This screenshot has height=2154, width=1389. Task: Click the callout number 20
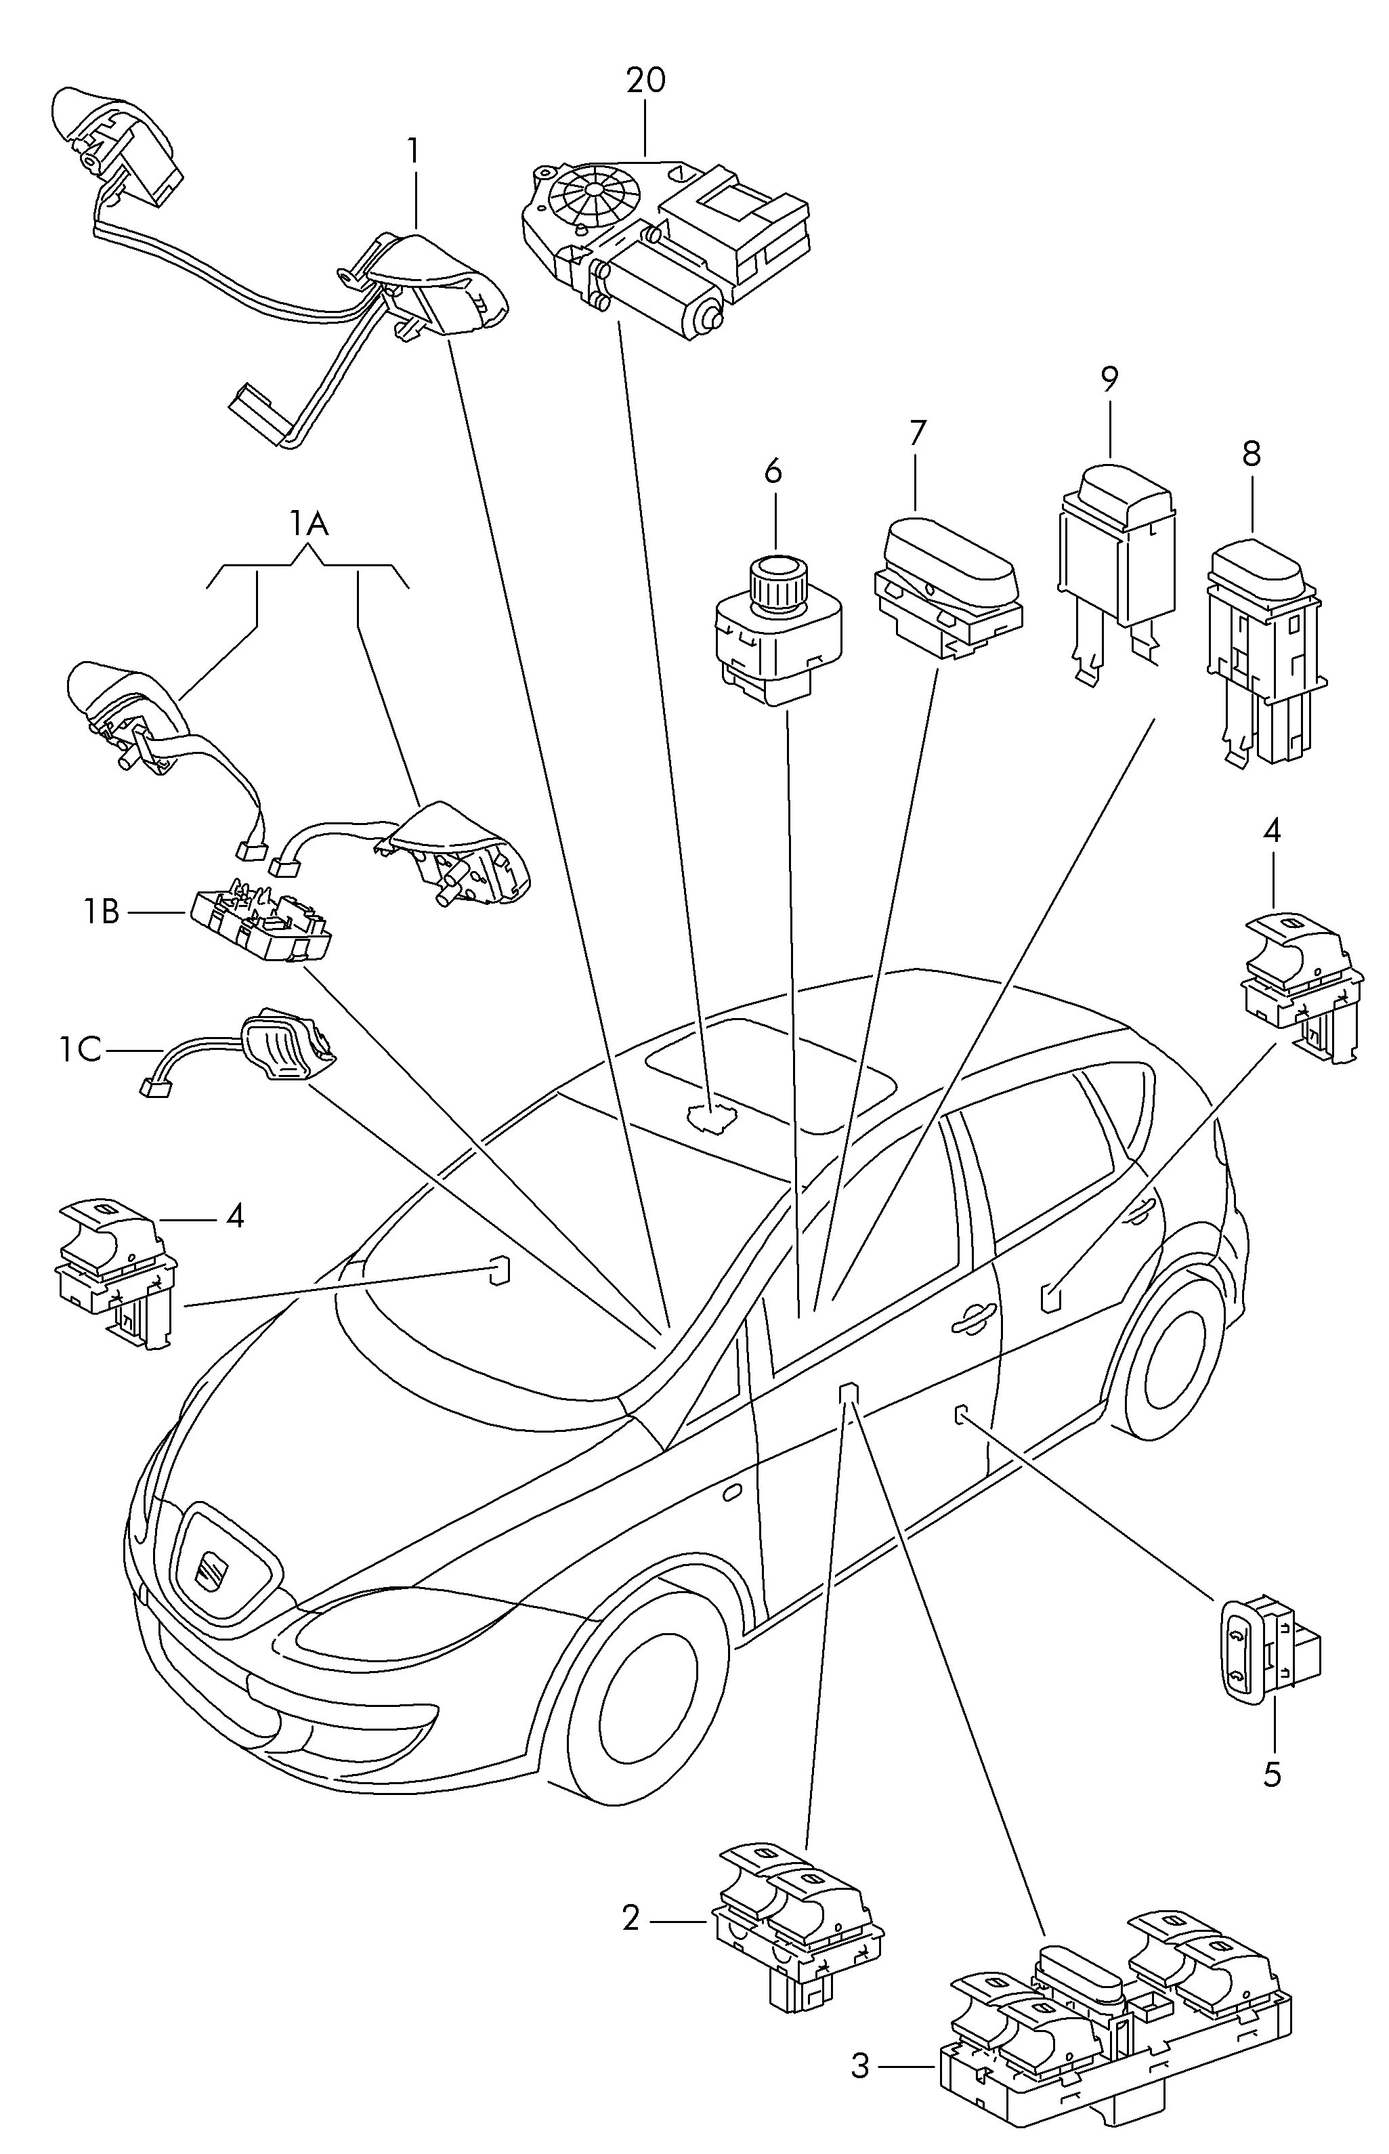pos(646,81)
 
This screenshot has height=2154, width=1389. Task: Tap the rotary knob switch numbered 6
pos(777,632)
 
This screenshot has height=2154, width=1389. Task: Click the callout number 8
pos(1250,454)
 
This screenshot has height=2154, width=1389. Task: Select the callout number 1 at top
pos(413,150)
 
